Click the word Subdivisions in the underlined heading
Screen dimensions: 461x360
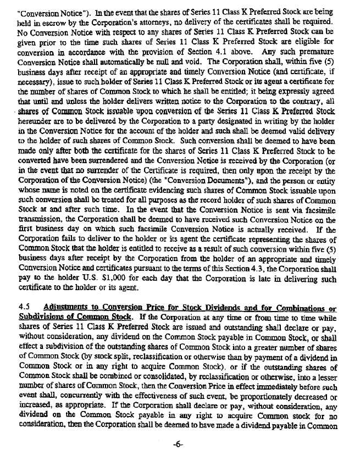(41, 318)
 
